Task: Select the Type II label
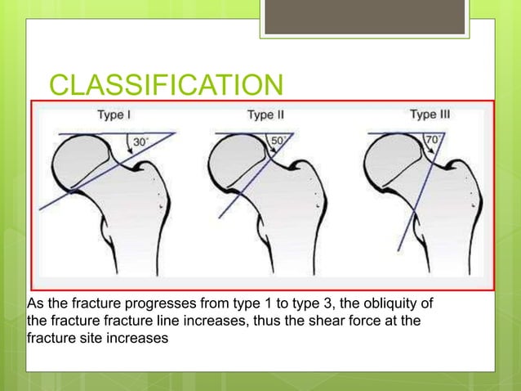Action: [x=265, y=115]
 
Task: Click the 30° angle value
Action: [x=141, y=142]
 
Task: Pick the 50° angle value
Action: [x=278, y=141]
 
